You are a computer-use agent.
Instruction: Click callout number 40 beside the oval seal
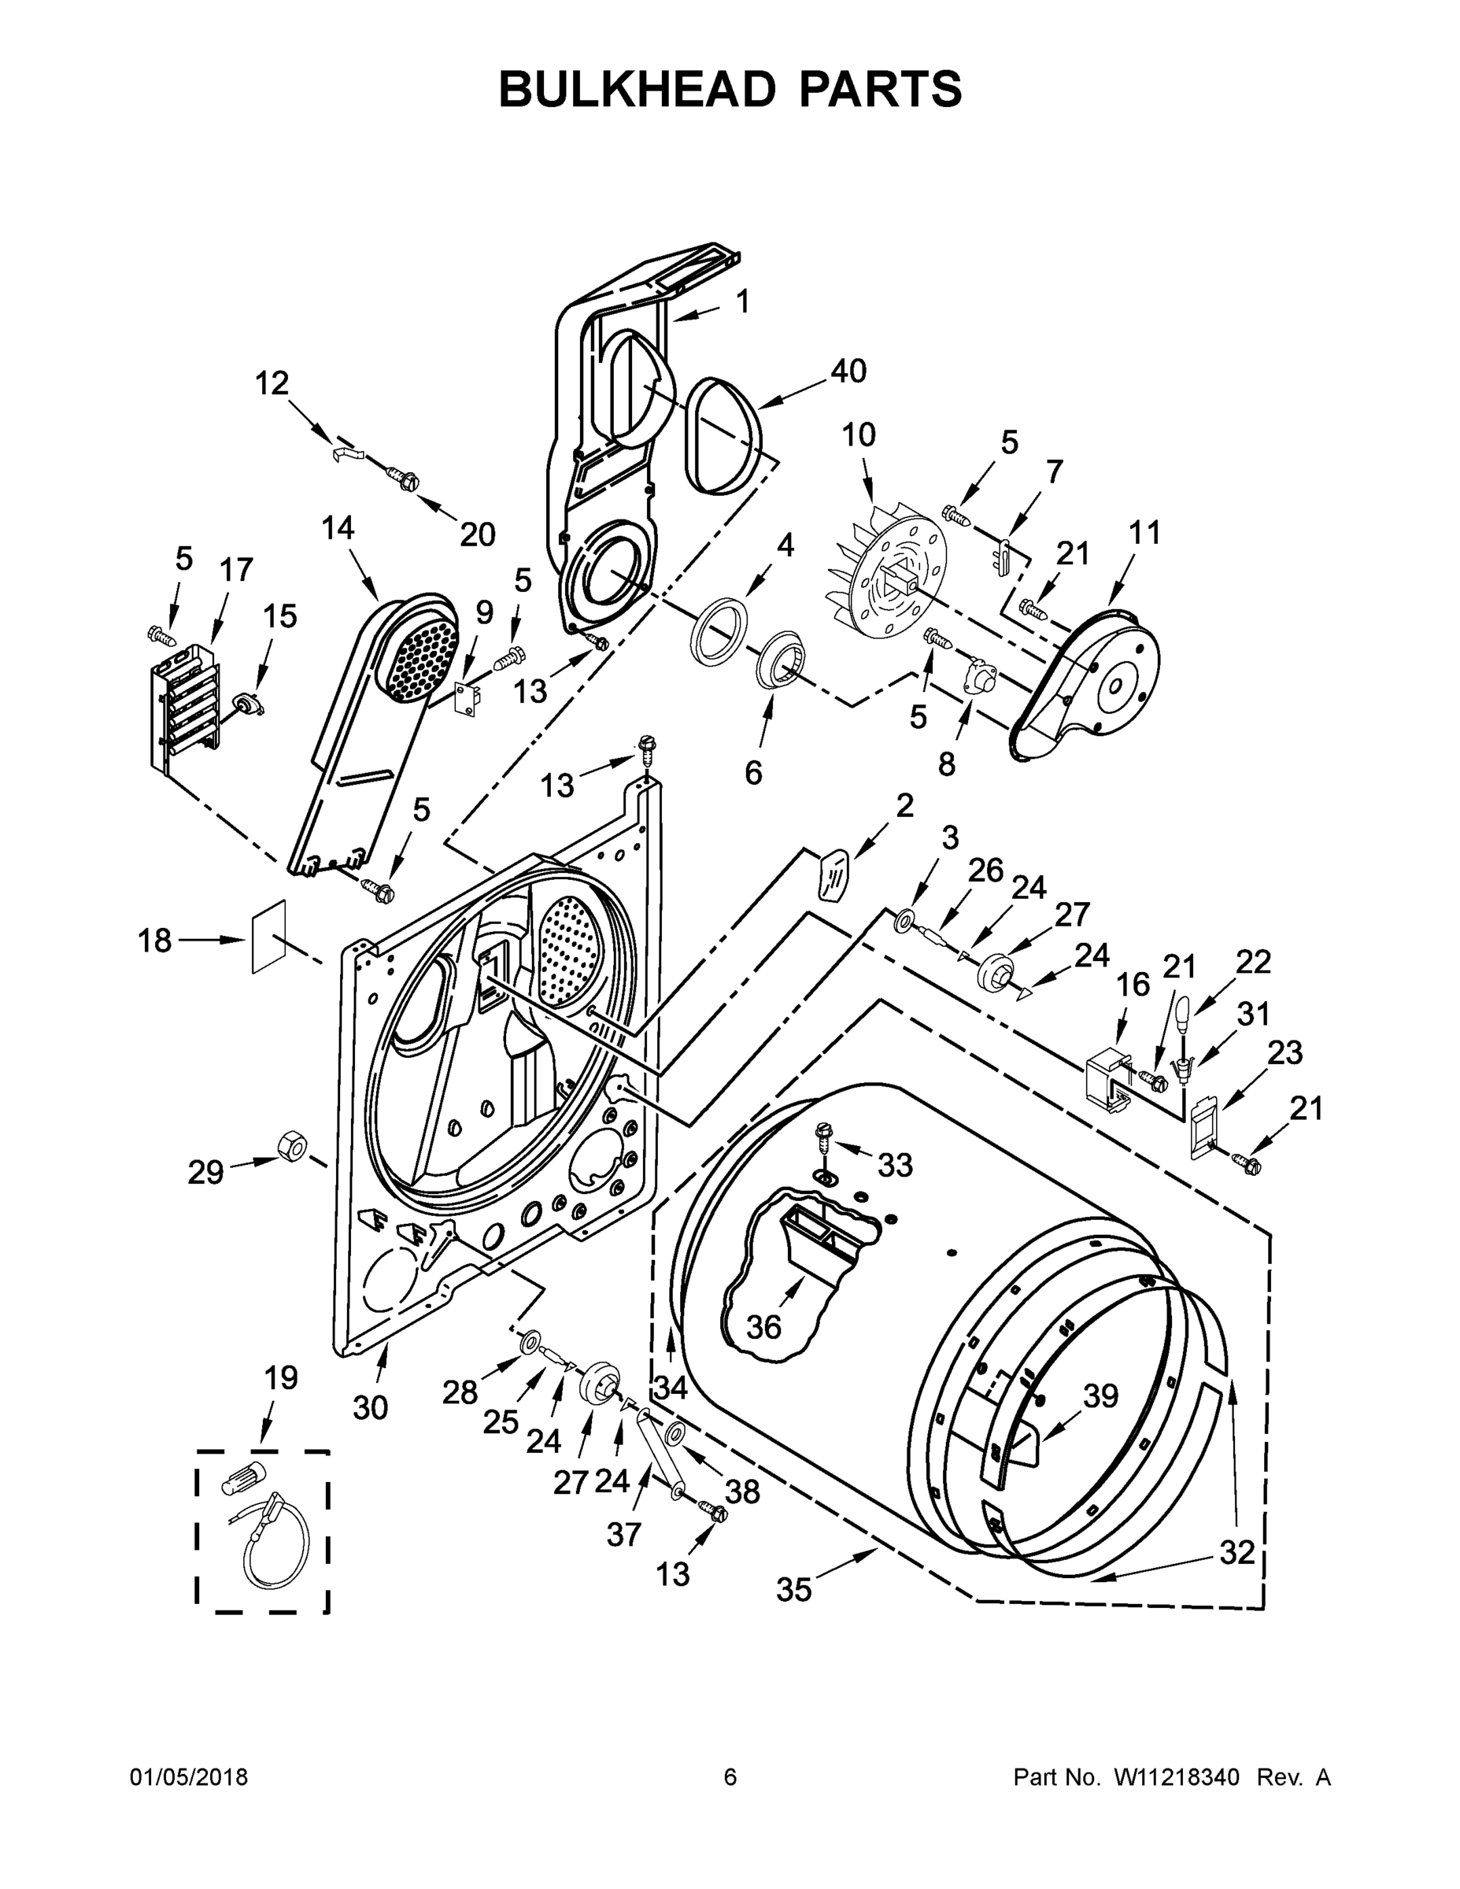click(x=848, y=371)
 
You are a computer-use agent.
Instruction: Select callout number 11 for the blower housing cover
click(x=1144, y=533)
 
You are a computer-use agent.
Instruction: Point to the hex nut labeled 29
click(x=291, y=1147)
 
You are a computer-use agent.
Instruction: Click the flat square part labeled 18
click(x=268, y=937)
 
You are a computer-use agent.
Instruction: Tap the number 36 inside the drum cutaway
click(x=763, y=1326)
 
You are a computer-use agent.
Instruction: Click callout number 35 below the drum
click(x=793, y=1589)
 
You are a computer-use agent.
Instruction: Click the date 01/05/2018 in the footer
click(x=189, y=1776)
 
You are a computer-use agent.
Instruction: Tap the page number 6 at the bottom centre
click(x=730, y=1776)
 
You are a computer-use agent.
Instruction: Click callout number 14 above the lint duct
click(x=338, y=527)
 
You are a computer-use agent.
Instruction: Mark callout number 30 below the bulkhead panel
click(x=370, y=1408)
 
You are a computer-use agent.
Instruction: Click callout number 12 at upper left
click(x=272, y=383)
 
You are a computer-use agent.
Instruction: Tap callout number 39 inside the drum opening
click(x=1100, y=1395)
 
